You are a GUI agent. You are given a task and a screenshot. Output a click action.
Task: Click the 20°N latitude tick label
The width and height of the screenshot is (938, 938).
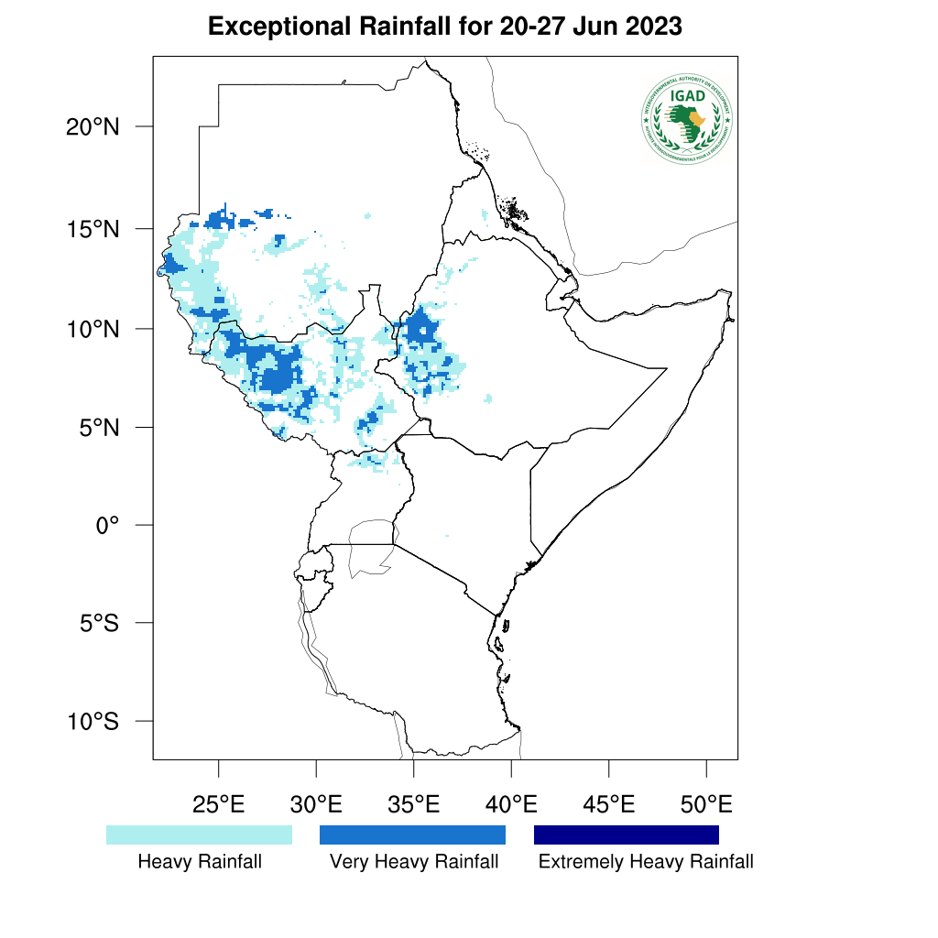pyautogui.click(x=93, y=126)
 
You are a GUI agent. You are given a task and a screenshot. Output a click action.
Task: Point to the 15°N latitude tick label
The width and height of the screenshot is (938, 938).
pyautogui.click(x=93, y=228)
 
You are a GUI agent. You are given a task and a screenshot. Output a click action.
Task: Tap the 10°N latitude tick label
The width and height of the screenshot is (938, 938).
pyautogui.click(x=93, y=329)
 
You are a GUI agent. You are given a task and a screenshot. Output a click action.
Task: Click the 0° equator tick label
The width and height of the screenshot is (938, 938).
pyautogui.click(x=109, y=526)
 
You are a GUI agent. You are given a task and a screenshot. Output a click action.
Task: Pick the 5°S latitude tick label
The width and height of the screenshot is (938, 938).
pyautogui.click(x=99, y=624)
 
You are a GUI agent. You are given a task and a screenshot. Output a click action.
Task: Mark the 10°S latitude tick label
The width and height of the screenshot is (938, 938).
pyautogui.click(x=93, y=722)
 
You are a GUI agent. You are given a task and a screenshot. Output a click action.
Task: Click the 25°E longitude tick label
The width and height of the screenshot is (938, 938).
pyautogui.click(x=218, y=806)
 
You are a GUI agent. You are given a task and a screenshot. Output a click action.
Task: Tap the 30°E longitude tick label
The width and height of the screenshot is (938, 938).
pyautogui.click(x=316, y=806)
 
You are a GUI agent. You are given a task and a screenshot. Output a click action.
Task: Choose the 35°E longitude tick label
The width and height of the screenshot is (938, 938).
pyautogui.click(x=413, y=806)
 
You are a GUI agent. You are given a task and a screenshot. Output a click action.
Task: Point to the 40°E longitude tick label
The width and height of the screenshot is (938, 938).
pyautogui.click(x=511, y=806)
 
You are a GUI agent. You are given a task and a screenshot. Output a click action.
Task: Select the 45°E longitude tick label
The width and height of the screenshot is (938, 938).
pyautogui.click(x=609, y=806)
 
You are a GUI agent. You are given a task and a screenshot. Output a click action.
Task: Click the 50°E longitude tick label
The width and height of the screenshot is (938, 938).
pyautogui.click(x=706, y=806)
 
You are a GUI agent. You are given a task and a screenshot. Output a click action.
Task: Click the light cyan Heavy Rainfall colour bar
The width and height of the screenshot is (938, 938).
pyautogui.click(x=199, y=834)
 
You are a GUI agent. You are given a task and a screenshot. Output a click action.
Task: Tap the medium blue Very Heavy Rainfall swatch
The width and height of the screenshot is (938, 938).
pyautogui.click(x=412, y=834)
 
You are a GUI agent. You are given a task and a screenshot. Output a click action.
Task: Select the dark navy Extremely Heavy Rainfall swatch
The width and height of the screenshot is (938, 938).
pyautogui.click(x=627, y=834)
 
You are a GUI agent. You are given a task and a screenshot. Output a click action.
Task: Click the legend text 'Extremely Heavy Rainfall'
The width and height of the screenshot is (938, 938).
pyautogui.click(x=646, y=862)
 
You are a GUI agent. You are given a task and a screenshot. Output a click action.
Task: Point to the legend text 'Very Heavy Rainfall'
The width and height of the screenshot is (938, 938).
pyautogui.click(x=414, y=862)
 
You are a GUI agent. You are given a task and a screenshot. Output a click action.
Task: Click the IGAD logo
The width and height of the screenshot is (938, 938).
pyautogui.click(x=687, y=118)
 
